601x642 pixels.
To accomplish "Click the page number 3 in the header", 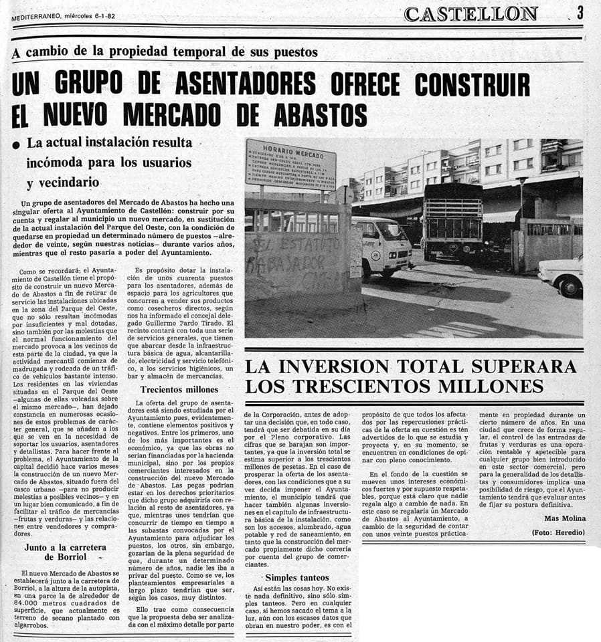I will (x=580, y=11).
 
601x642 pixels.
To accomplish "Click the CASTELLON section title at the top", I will (x=471, y=13).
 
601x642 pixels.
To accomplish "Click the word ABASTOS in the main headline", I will (x=321, y=114).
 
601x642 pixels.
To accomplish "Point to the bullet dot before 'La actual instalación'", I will (x=15, y=144).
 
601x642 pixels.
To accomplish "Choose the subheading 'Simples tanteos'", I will (x=297, y=577).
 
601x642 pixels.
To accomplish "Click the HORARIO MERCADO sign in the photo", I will (x=290, y=163).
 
